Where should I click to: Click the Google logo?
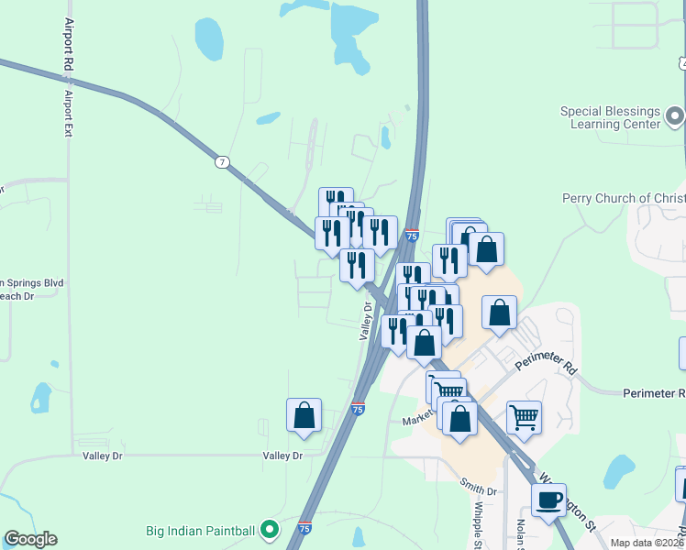[x=30, y=539]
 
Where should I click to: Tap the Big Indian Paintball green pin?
[x=269, y=529]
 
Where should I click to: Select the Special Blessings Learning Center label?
[x=611, y=117]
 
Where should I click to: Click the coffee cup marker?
[x=549, y=500]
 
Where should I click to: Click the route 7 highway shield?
[x=222, y=161]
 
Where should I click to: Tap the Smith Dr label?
[x=478, y=490]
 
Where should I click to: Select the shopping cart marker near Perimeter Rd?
[x=524, y=418]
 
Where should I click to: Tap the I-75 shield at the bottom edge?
[x=304, y=528]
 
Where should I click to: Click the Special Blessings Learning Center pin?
[x=675, y=115]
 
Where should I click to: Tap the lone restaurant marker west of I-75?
[x=357, y=266]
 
